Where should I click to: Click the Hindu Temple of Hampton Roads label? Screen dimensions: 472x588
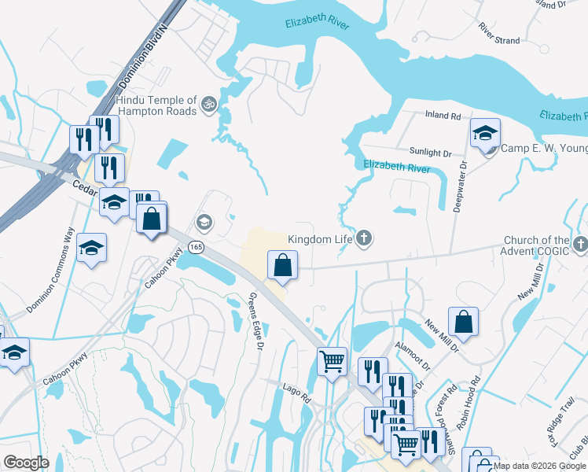click(x=156, y=105)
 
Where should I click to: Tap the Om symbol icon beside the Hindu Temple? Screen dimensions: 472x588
click(x=209, y=104)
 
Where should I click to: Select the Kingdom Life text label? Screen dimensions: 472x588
click(x=321, y=238)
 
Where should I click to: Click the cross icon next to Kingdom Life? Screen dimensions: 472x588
click(x=363, y=238)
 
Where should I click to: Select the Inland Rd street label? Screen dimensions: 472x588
click(x=443, y=116)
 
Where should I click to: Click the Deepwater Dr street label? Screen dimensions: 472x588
click(x=463, y=186)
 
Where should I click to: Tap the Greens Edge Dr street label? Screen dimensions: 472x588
click(x=254, y=322)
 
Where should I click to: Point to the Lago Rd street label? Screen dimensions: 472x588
click(x=297, y=389)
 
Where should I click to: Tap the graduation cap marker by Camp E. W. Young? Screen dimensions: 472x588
click(x=485, y=133)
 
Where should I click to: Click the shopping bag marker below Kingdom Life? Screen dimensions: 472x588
click(x=282, y=266)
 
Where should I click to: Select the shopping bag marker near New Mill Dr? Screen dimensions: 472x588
click(x=463, y=321)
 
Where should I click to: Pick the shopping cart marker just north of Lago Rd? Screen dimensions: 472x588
click(x=332, y=362)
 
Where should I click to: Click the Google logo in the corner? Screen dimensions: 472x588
click(x=26, y=463)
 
